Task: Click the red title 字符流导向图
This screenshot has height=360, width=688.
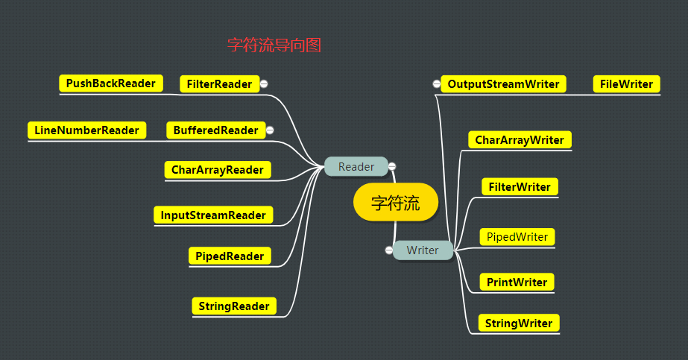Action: click(x=274, y=45)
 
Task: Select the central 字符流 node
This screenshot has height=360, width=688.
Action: click(x=395, y=203)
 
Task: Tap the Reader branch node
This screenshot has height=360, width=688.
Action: click(x=356, y=166)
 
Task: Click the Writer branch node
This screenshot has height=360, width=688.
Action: click(x=423, y=250)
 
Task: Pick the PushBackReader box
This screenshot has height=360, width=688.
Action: click(x=110, y=83)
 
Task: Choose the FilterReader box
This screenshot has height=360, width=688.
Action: click(x=219, y=84)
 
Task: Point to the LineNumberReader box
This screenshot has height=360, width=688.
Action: click(x=86, y=130)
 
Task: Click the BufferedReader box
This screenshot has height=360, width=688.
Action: click(x=215, y=130)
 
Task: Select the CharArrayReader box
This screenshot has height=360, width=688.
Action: click(x=217, y=170)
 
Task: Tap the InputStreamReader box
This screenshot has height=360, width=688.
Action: click(x=213, y=215)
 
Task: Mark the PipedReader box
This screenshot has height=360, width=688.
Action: click(x=229, y=256)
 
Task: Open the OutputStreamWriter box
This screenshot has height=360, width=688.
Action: click(x=503, y=84)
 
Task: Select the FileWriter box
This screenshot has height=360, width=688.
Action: click(x=626, y=84)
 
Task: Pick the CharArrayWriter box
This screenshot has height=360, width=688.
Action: click(x=520, y=139)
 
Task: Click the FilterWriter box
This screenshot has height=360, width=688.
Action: click(x=519, y=187)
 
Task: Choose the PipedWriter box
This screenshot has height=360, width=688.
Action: click(x=517, y=237)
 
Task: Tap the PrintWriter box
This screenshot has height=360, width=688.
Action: click(x=517, y=282)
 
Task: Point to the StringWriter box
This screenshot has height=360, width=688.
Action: click(x=518, y=323)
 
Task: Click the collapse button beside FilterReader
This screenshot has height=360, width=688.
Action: click(x=265, y=84)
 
